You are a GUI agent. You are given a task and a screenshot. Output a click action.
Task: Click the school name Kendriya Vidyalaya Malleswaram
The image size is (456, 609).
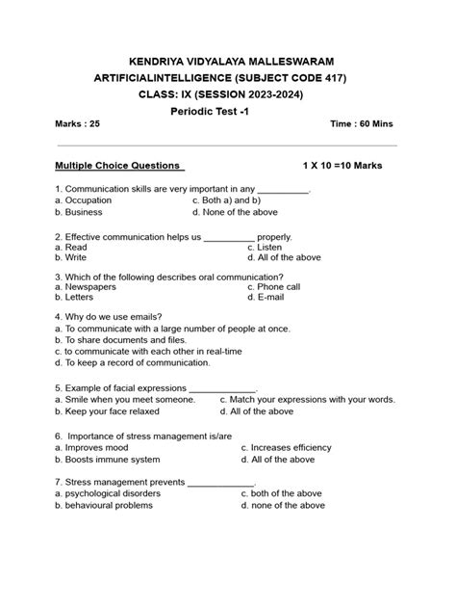coord(231,61)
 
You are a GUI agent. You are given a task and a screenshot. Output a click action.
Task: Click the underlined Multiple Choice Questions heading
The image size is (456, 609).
coord(118,166)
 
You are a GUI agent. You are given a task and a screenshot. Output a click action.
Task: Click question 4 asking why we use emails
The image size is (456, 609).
coord(109,317)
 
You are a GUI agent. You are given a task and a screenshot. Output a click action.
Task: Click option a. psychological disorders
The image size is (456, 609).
coord(108,493)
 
